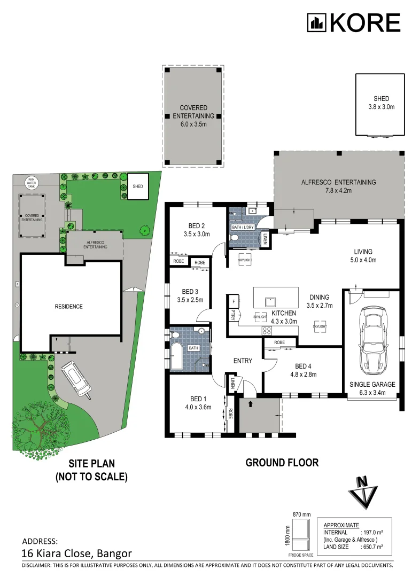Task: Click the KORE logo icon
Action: point(316,22)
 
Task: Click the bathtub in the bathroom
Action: point(176,354)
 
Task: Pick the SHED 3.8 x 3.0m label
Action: point(382,103)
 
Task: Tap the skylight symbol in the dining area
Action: point(320,326)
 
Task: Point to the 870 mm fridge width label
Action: point(301,514)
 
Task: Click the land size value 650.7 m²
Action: point(373,546)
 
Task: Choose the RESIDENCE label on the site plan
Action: point(69,307)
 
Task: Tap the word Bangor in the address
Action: point(112,553)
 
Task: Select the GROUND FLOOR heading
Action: point(282,463)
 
